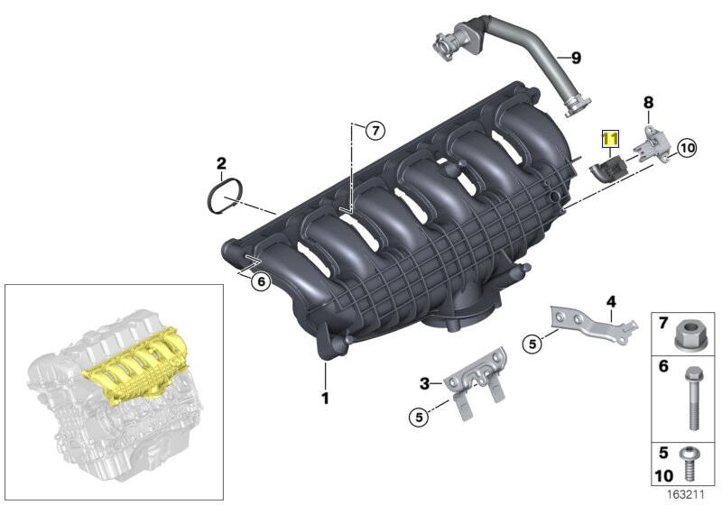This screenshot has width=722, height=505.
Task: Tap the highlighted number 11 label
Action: [x=611, y=139]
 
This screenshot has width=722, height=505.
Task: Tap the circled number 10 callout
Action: [x=687, y=148]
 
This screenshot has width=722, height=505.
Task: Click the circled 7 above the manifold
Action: [x=375, y=131]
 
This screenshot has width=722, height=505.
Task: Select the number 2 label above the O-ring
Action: [x=220, y=163]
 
